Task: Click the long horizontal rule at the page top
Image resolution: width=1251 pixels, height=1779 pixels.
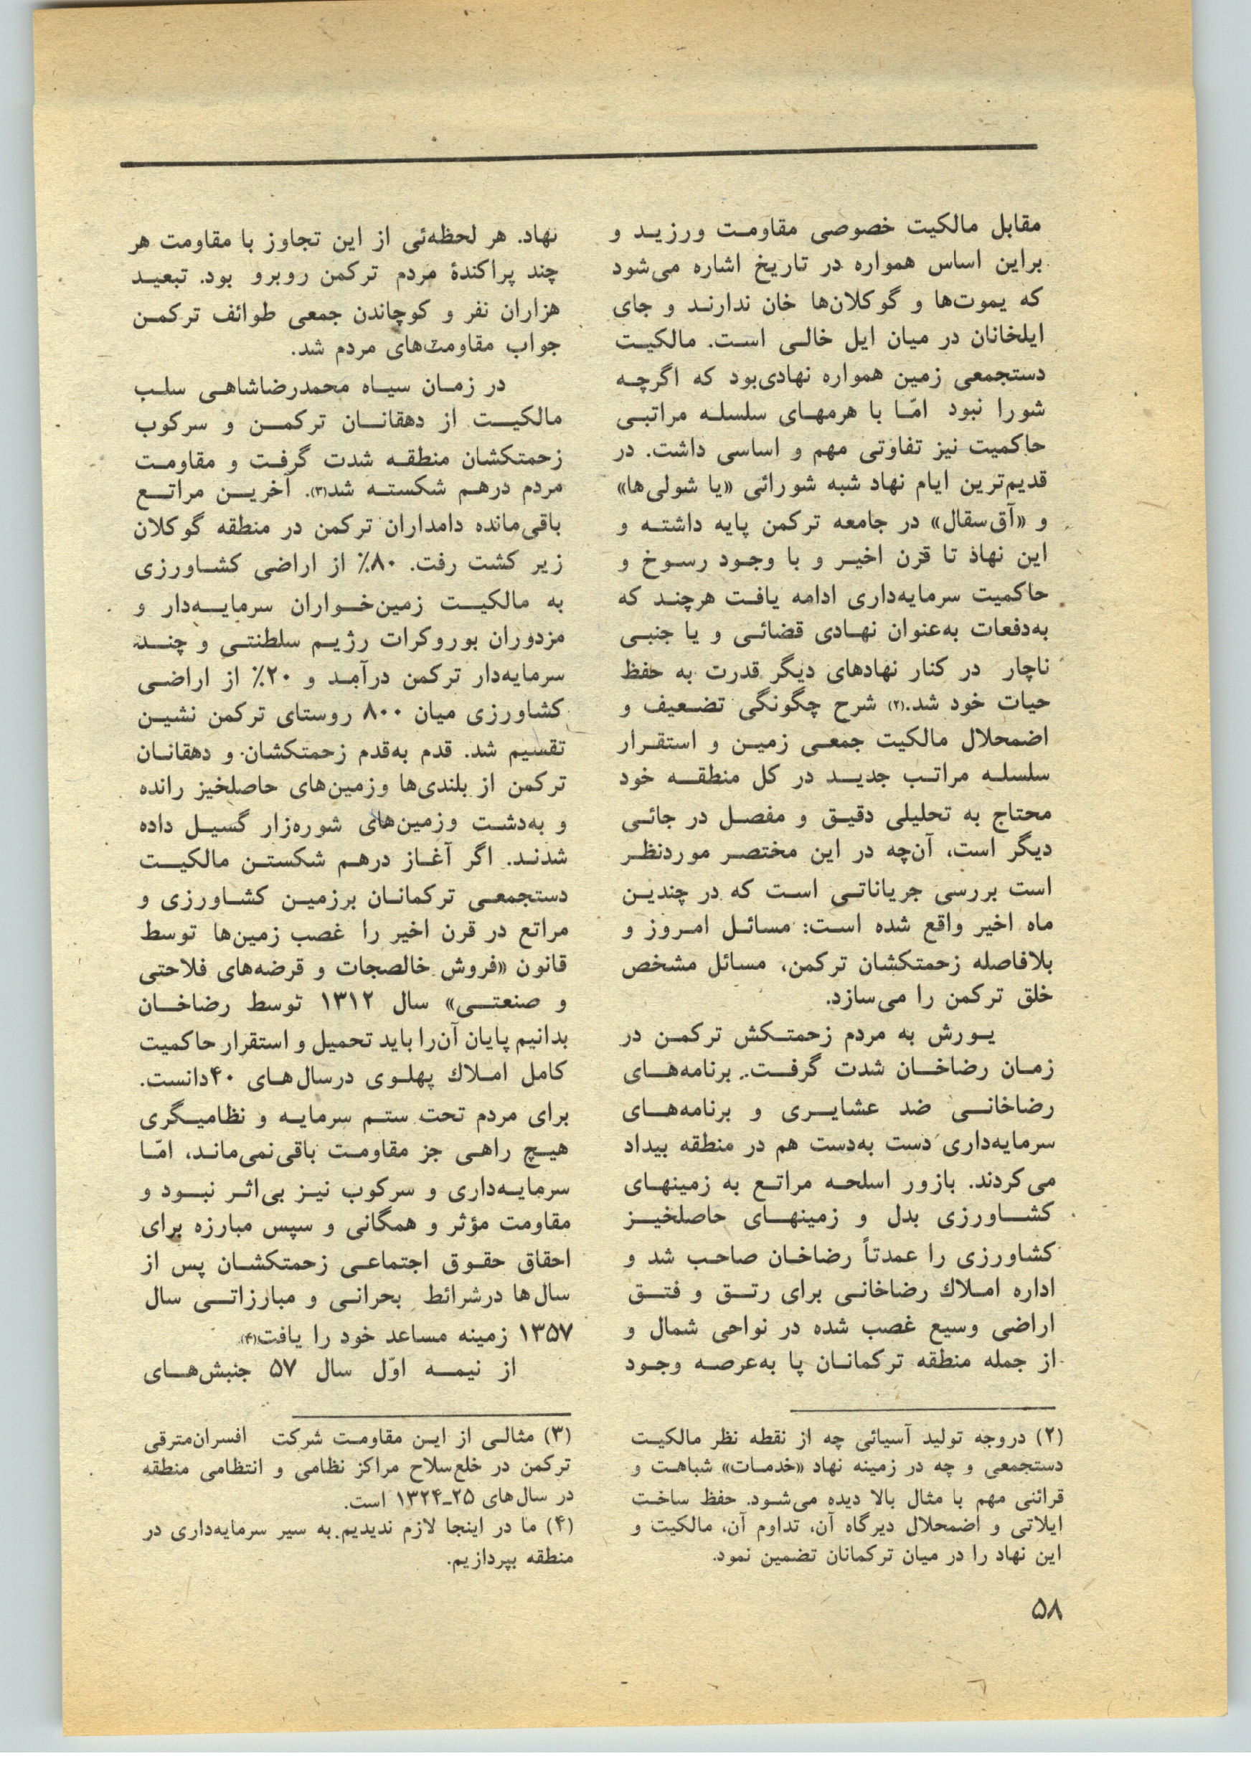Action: click(x=579, y=156)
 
